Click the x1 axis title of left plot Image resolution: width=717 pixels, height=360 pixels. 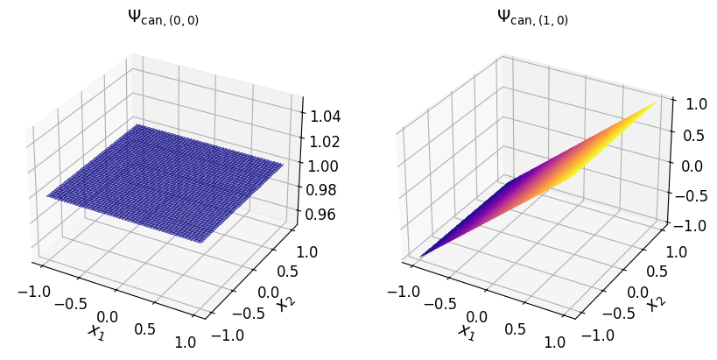95,331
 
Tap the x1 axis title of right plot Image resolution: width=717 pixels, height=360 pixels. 465,331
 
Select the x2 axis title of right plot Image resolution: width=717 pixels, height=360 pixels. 655,303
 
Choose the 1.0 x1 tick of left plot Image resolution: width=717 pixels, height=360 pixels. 186,342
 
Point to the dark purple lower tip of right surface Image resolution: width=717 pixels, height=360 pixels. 421,256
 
